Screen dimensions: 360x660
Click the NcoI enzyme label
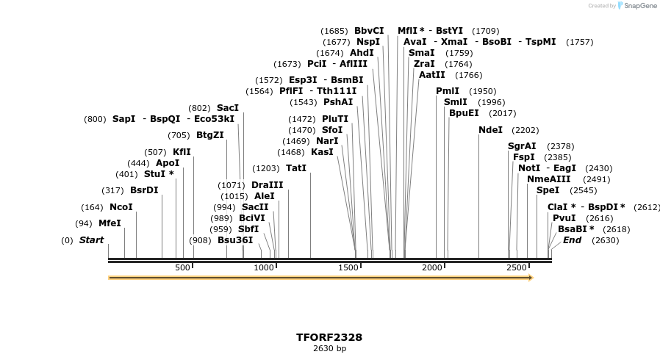[x=121, y=207]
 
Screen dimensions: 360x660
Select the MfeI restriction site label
[x=110, y=223]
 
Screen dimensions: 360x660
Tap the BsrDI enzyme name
[x=144, y=190]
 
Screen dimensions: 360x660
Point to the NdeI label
[x=490, y=130]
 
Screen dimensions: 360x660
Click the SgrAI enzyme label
[x=522, y=146]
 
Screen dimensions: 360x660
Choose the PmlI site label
[x=448, y=91]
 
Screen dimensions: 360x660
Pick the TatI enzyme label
[x=296, y=168]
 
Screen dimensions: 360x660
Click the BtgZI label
[x=209, y=135]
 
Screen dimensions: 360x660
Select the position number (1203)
[x=266, y=168]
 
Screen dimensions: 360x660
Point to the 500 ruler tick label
[x=182, y=267]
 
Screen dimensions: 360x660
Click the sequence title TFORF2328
[x=329, y=337]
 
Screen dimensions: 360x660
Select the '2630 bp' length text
[x=329, y=348]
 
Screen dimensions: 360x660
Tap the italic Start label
[x=92, y=240]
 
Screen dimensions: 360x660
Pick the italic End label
[x=572, y=240]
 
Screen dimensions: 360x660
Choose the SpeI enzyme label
[x=548, y=190]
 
